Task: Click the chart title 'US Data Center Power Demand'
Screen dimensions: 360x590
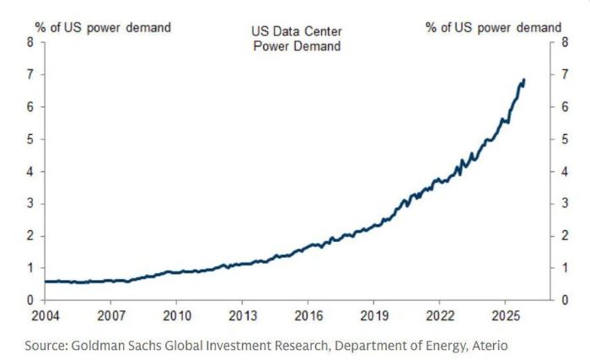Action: tap(296, 38)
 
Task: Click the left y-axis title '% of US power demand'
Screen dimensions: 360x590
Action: tap(102, 27)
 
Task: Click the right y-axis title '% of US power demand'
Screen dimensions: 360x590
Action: tap(493, 27)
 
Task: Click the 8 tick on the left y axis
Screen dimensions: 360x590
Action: tap(30, 43)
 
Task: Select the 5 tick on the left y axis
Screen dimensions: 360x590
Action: tap(30, 139)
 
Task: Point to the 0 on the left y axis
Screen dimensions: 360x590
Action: tap(30, 300)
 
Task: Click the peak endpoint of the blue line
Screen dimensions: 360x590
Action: tap(524, 80)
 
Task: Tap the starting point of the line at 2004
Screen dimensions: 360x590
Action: tap(46, 282)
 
